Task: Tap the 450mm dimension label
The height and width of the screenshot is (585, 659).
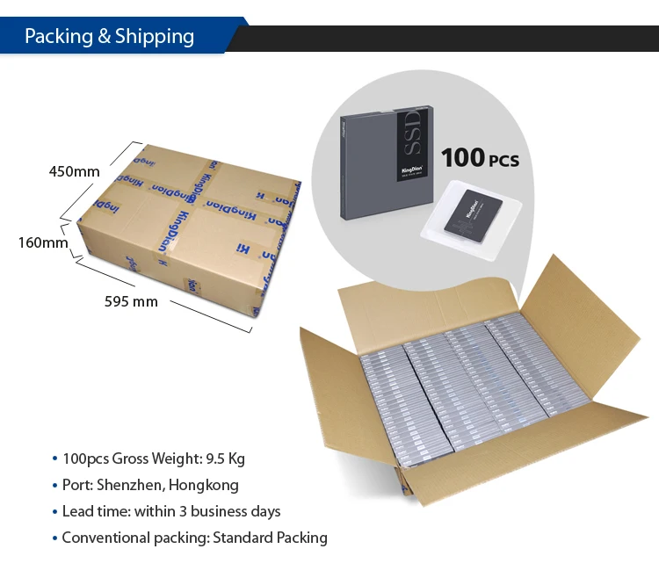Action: coord(74,171)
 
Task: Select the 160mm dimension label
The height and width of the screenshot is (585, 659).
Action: coord(43,242)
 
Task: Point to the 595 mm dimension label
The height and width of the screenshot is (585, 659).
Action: coord(131,301)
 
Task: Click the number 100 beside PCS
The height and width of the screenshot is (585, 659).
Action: coord(462,158)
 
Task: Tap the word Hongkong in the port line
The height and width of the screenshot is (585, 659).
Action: coord(204,485)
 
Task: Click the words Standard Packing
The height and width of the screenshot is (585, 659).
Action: coord(270,538)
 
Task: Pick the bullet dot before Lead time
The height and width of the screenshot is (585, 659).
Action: coord(54,512)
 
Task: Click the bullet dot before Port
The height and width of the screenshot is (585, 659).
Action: coord(54,486)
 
